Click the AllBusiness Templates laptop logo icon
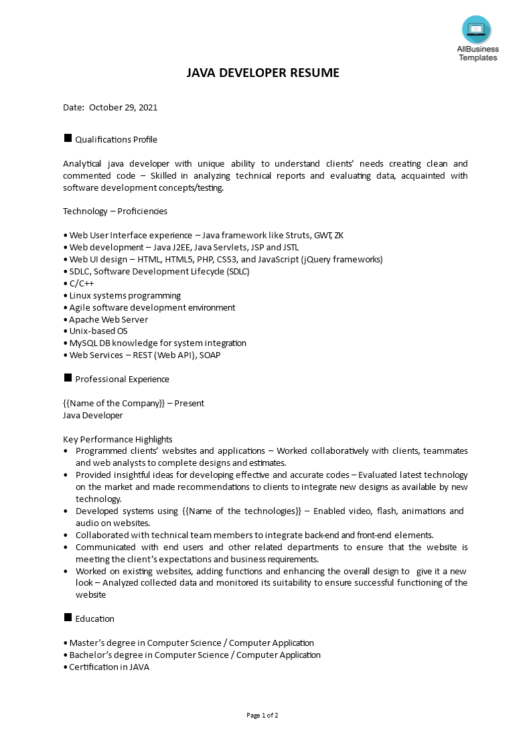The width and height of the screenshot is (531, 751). tap(476, 29)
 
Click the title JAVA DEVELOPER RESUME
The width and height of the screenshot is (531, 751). tap(263, 73)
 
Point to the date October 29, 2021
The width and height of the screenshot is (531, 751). tap(123, 107)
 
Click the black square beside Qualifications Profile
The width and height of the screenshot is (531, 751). tap(68, 139)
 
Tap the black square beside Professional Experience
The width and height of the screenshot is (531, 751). tap(68, 378)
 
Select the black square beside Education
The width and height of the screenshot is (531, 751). tap(68, 618)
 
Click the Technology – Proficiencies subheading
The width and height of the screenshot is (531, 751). tap(115, 212)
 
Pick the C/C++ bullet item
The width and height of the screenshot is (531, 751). tap(81, 284)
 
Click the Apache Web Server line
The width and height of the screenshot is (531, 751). tap(108, 319)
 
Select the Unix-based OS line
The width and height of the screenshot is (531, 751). tap(98, 331)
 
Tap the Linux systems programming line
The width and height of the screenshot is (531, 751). tap(125, 296)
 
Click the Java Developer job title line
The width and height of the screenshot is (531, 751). tap(93, 416)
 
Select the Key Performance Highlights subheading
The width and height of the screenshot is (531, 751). tap(118, 440)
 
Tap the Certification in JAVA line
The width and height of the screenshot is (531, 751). tap(109, 667)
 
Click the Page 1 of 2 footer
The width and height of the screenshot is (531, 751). tap(262, 716)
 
